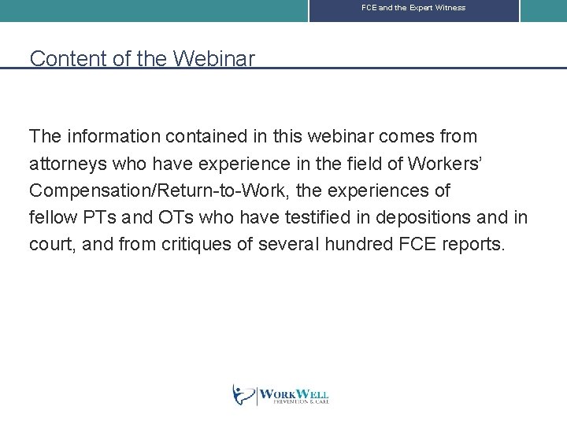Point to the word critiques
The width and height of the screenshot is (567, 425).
[200, 244]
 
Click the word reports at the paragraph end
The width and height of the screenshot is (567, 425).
[476, 244]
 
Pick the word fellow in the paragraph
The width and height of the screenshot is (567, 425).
[53, 217]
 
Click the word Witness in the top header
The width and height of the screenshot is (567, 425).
[450, 8]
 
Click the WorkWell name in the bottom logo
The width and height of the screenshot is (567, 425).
[294, 394]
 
